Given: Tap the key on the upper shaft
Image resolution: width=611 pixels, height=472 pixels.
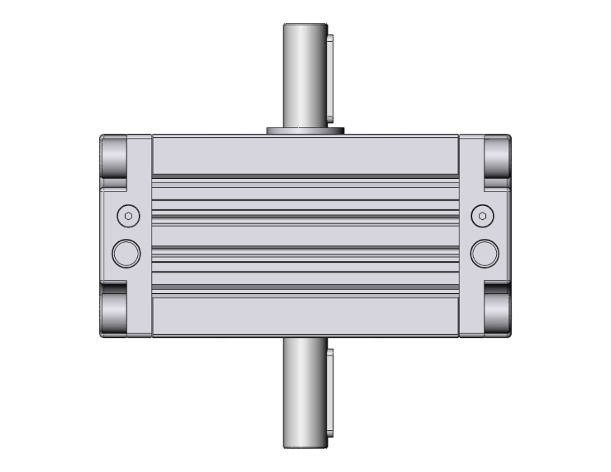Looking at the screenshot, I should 329,78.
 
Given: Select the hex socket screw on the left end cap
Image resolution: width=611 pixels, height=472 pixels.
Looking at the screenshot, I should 126,216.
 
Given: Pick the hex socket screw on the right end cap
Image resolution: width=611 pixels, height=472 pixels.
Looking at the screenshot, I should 484,216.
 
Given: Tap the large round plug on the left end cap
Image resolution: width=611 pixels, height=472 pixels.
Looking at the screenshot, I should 126,253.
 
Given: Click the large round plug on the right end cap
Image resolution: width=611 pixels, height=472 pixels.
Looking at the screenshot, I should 484,253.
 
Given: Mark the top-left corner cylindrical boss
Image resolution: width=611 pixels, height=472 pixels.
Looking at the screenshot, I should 113,158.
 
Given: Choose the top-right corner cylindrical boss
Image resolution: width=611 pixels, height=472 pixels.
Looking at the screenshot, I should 497,158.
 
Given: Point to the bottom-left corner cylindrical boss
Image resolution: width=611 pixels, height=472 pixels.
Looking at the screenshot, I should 113,312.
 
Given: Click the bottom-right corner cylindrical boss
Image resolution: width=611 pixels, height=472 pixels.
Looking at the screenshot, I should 497,312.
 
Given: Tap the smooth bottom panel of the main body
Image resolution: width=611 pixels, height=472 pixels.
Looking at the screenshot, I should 305,316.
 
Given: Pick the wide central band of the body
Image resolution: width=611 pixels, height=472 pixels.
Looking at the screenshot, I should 305,235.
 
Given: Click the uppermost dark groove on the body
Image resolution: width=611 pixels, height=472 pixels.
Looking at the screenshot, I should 305,176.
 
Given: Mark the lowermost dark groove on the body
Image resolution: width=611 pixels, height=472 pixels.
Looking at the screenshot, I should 305,288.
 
